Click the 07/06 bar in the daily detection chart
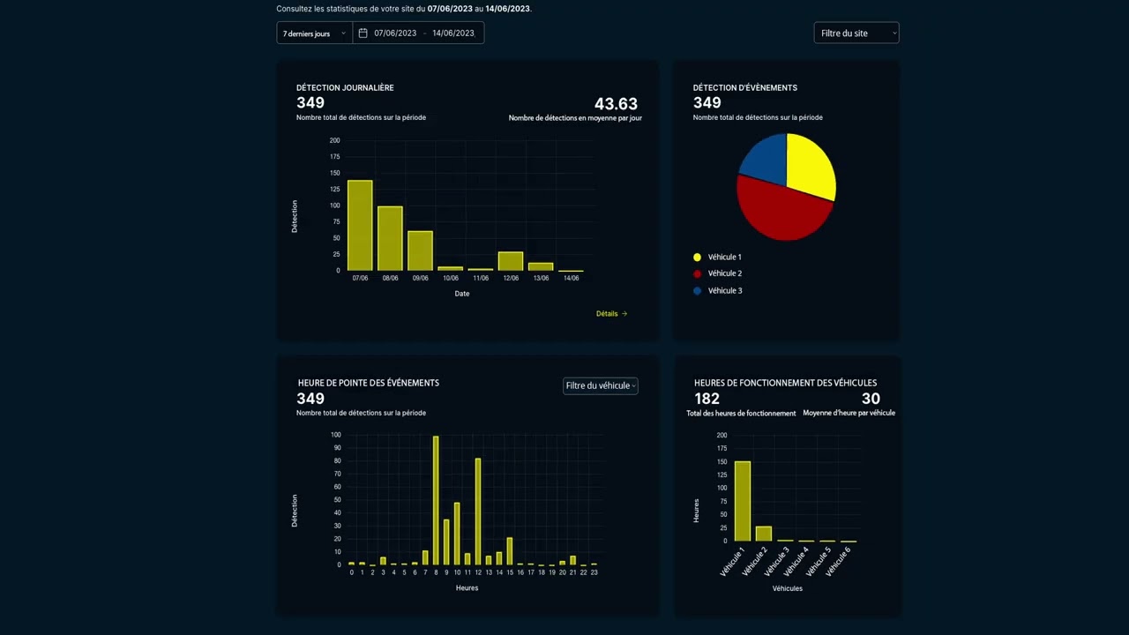360,226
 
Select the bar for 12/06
511,261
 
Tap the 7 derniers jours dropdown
314,34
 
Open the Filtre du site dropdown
856,34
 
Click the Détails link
611,314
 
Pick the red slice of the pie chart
780,212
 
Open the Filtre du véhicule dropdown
601,385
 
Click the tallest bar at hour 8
436,500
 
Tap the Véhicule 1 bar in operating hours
743,501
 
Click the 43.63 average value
616,104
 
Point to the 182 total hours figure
707,399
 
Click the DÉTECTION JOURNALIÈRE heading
345,88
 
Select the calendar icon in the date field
363,34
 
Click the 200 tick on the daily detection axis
335,140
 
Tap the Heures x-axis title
467,588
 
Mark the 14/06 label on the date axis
571,279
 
